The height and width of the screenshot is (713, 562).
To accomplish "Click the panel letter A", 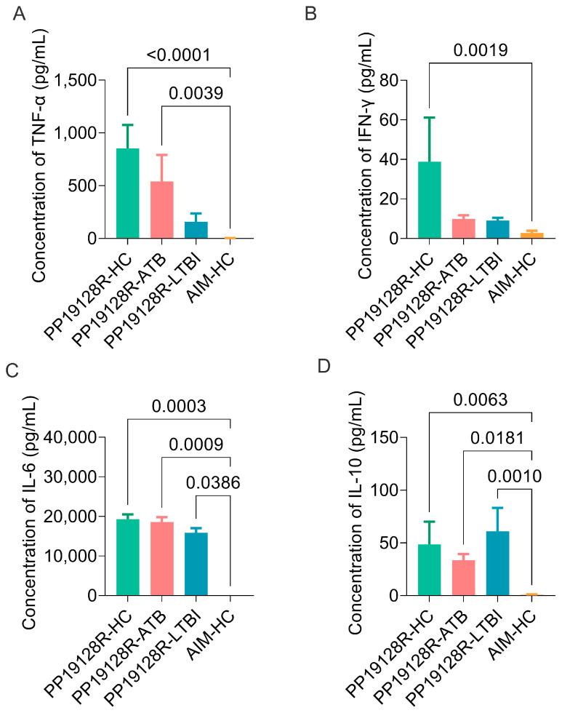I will click(20, 15).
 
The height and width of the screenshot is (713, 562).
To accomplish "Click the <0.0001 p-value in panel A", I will click(179, 55).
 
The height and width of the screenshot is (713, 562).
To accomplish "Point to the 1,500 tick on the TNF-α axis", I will click(75, 80).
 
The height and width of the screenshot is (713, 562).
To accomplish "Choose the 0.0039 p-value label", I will click(196, 92).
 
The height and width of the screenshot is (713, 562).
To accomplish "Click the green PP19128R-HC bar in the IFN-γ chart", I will click(429, 200).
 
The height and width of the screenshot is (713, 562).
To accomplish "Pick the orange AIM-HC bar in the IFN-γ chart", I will click(531, 235).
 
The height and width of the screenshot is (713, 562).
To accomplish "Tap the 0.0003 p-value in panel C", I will click(180, 406).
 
